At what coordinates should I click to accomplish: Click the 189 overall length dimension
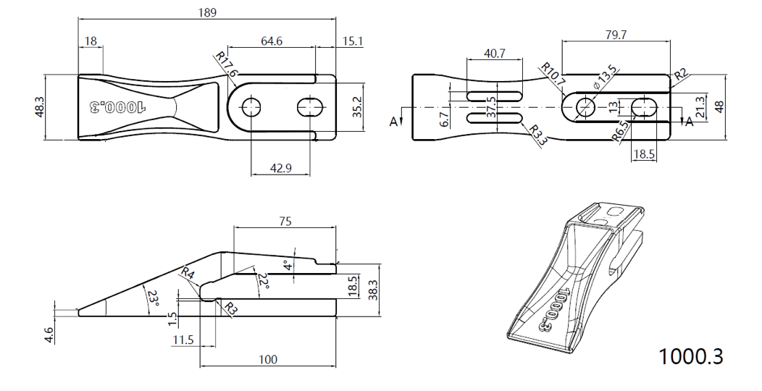pyautogui.click(x=206, y=12)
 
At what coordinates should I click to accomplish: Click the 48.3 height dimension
pyautogui.click(x=39, y=106)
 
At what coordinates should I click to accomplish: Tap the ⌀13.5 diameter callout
pyautogui.click(x=603, y=77)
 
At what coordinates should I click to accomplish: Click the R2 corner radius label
pyautogui.click(x=682, y=75)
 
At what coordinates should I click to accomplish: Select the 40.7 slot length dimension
pyautogui.click(x=494, y=53)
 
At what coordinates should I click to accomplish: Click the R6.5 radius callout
pyautogui.click(x=621, y=133)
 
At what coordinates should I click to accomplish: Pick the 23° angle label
pyautogui.click(x=153, y=298)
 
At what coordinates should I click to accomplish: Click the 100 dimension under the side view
pyautogui.click(x=267, y=359)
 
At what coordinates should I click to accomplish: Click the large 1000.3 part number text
pyautogui.click(x=690, y=356)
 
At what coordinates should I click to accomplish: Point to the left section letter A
pyautogui.click(x=393, y=122)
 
